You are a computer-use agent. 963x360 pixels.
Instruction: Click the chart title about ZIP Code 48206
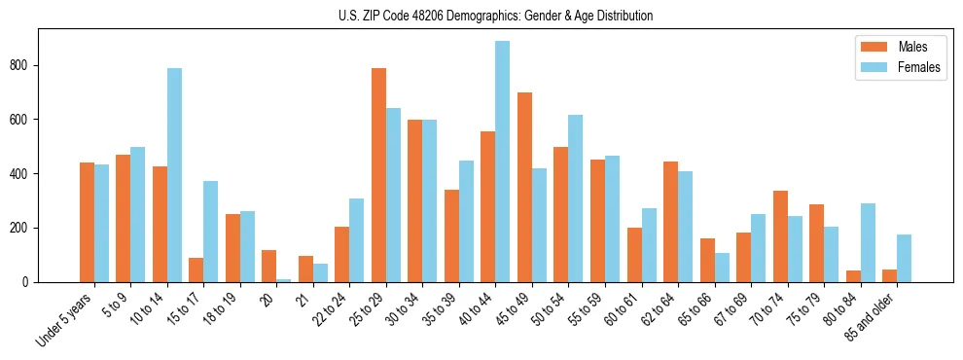[481, 16]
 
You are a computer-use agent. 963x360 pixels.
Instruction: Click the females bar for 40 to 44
[502, 162]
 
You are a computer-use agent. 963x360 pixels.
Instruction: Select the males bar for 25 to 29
[378, 175]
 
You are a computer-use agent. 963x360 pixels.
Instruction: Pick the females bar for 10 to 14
[174, 175]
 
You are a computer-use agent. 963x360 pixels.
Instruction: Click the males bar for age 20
[268, 266]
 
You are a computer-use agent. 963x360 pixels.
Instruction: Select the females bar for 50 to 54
[575, 198]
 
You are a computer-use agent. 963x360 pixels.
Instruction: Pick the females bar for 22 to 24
[356, 240]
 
